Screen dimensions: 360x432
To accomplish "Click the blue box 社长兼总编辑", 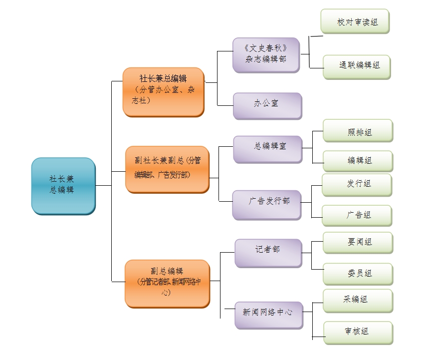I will coord(63,186).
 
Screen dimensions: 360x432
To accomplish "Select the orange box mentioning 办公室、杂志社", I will coord(164,92).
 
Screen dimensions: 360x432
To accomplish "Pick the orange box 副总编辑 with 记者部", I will coord(167,283).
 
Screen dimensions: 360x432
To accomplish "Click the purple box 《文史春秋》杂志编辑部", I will coord(266,54).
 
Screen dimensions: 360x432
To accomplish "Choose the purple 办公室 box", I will coord(267,105).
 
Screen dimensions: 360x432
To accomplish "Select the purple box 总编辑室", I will coord(267,148).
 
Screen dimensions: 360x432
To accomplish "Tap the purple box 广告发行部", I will coord(267,204).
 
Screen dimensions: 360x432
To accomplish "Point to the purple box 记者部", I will coord(268,253).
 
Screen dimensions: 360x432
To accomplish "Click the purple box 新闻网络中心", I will coord(269,315).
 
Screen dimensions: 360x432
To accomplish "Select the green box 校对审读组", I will coord(355,22).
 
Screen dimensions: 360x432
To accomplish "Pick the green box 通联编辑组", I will coord(357,67).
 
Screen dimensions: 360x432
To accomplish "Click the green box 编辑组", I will coord(358,161).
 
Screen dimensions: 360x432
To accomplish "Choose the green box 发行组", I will coord(357,185).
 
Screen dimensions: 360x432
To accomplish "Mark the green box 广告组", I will coord(357,216).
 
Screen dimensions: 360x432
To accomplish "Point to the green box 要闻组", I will coord(358,243).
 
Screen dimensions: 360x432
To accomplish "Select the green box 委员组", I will coord(358,274).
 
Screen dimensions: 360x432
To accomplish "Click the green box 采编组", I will coord(358,301).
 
